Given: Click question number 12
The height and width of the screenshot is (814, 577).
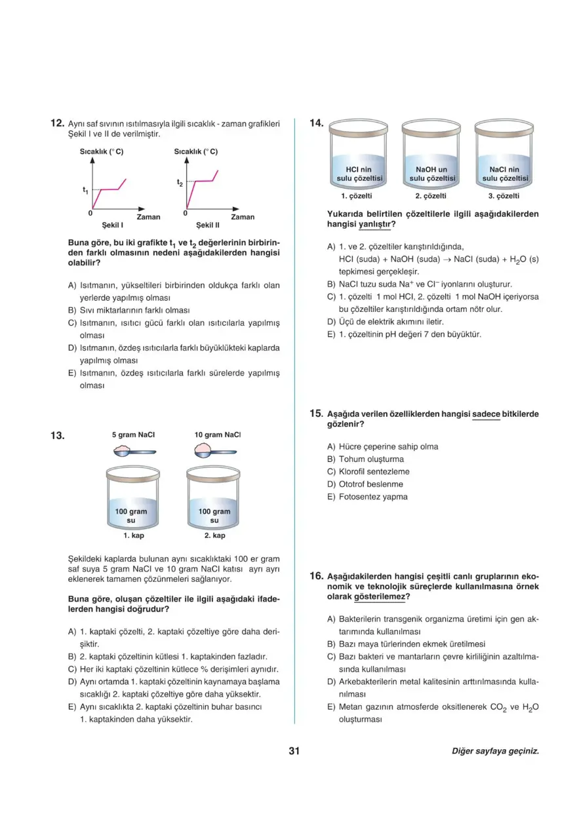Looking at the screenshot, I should [56, 123].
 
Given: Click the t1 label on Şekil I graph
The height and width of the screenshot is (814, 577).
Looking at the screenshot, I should [85, 191].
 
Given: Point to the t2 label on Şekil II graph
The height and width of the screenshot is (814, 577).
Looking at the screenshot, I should [180, 183].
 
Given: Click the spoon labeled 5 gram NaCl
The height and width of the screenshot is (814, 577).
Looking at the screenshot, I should [134, 450].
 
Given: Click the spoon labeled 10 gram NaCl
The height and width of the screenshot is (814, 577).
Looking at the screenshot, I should [216, 450].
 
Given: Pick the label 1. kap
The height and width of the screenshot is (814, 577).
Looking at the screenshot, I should [134, 535].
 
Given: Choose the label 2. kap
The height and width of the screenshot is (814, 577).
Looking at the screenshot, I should [214, 535].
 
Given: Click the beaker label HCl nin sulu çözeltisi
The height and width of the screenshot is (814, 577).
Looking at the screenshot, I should [359, 174].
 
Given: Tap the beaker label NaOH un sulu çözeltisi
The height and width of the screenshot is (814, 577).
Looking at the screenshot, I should [432, 174].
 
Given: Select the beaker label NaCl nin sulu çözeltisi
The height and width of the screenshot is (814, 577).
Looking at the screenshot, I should [504, 174].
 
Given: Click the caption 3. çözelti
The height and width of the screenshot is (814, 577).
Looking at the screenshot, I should [504, 196].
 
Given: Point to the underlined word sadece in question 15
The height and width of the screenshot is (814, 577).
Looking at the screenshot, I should [486, 414].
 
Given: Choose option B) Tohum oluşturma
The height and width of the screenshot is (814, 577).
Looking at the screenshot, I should [371, 459].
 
